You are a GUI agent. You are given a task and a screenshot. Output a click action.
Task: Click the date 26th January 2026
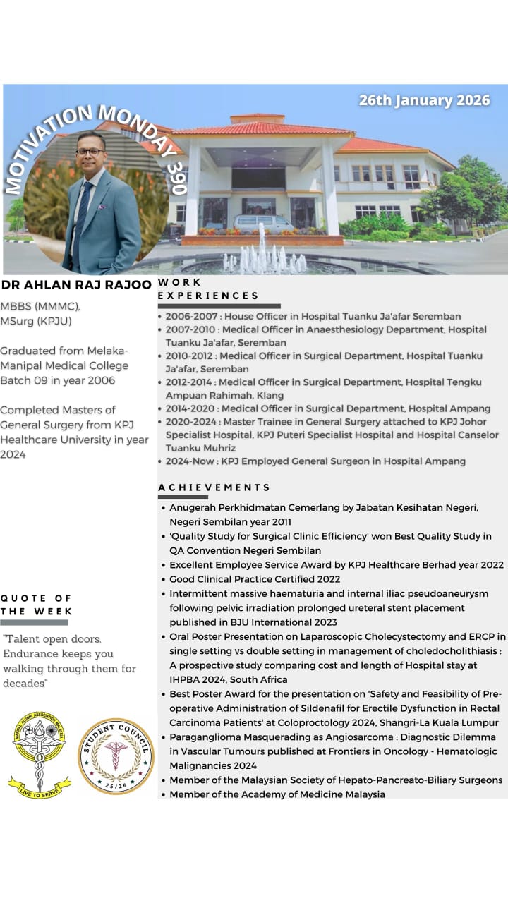click(424, 100)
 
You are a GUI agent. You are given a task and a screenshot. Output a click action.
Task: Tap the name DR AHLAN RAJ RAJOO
click(76, 285)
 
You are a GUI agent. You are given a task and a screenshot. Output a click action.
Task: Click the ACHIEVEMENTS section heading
click(214, 487)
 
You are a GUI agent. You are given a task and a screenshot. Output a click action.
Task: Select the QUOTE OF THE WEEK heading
click(37, 605)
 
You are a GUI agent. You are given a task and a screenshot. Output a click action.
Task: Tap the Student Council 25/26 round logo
click(115, 756)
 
